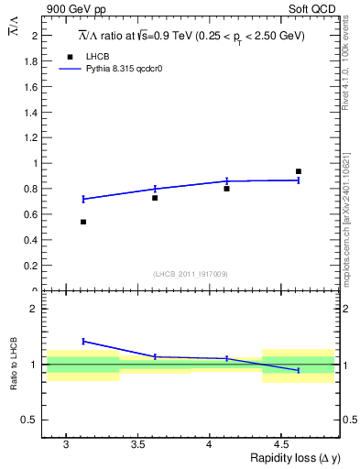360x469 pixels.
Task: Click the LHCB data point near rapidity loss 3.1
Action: point(83,222)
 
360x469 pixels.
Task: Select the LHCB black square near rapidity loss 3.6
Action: point(155,198)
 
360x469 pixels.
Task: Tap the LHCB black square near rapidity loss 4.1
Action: point(226,188)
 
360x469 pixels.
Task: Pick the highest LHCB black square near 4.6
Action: point(298,171)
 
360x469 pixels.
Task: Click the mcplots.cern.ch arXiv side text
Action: point(344,211)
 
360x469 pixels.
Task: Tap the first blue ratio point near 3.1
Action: point(83,341)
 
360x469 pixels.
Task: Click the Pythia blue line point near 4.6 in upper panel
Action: point(298,180)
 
